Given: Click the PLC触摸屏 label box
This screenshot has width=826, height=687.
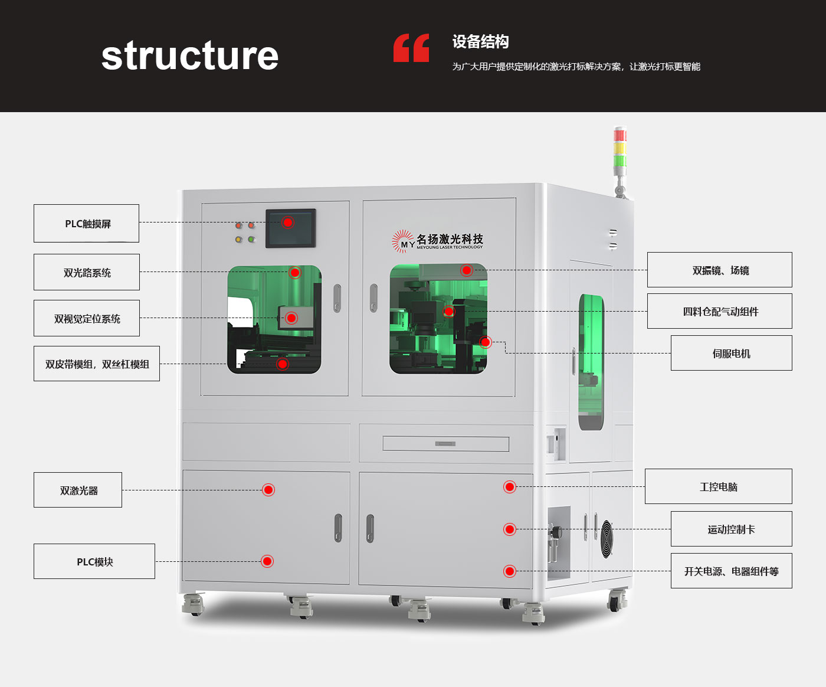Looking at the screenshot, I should pyautogui.click(x=87, y=224).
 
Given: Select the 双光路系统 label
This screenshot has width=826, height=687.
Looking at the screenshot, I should pyautogui.click(x=87, y=272).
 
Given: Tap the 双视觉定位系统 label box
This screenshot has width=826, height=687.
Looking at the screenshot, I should pyautogui.click(x=87, y=318).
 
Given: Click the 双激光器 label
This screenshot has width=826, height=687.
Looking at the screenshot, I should pyautogui.click(x=78, y=490).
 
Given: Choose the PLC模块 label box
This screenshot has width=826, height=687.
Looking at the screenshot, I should pyautogui.click(x=94, y=561).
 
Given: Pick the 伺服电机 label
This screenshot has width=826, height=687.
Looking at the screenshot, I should pyautogui.click(x=731, y=353).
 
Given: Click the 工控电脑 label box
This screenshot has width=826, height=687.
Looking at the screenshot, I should pyautogui.click(x=718, y=486).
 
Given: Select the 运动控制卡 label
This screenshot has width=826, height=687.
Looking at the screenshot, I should pyautogui.click(x=731, y=529).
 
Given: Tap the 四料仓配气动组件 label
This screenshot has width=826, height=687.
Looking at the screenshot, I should pyautogui.click(x=720, y=311).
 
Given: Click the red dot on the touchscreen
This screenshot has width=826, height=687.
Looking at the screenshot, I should pyautogui.click(x=288, y=223).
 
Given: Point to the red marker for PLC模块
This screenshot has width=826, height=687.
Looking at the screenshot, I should pyautogui.click(x=267, y=561).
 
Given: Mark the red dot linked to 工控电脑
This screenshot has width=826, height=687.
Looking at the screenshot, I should pyautogui.click(x=510, y=487).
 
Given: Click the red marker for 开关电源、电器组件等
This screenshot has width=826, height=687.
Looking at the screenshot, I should pyautogui.click(x=510, y=571).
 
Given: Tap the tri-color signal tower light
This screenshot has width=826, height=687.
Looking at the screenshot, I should pyautogui.click(x=619, y=148).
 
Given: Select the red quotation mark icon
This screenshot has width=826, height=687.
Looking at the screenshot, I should pyautogui.click(x=411, y=48).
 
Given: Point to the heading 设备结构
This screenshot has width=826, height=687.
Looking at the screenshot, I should pyautogui.click(x=480, y=42).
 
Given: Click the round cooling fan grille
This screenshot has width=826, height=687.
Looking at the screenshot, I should pyautogui.click(x=607, y=539).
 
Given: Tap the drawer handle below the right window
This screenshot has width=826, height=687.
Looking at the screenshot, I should pyautogui.click(x=445, y=443).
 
